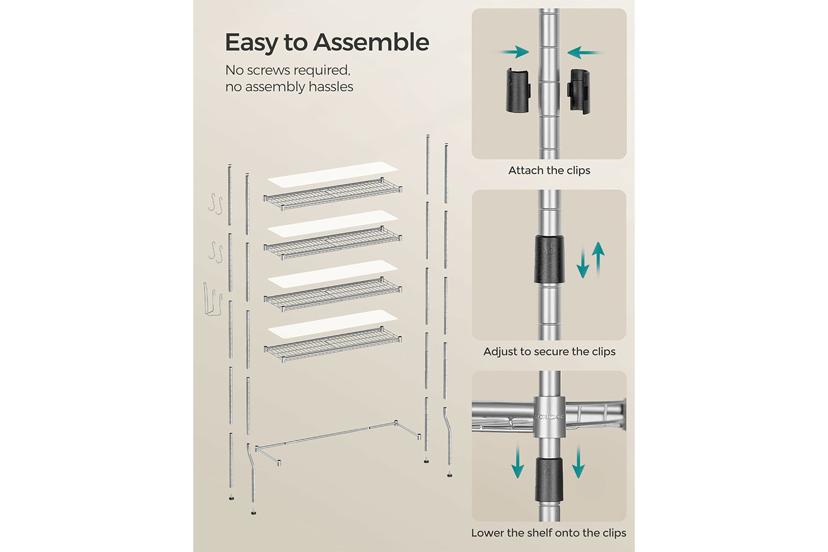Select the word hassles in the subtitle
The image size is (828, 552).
click(x=331, y=87)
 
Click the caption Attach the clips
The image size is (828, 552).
click(x=549, y=171)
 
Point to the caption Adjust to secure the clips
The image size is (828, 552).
click(x=549, y=352)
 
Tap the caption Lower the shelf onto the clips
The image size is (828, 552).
click(x=548, y=533)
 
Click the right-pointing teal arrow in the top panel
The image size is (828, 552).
click(x=514, y=52)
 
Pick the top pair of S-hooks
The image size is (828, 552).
click(x=215, y=204)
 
